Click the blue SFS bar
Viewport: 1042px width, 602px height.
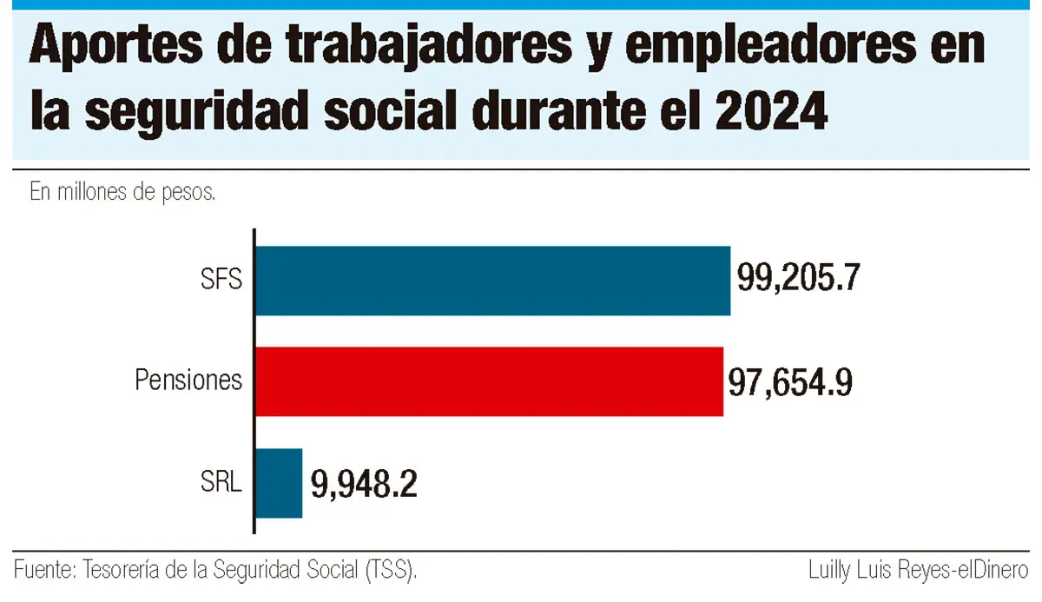point(493,281)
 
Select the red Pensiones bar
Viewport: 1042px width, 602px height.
point(490,381)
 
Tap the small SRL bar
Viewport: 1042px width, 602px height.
point(279,483)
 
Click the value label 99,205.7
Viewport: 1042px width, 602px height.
point(798,278)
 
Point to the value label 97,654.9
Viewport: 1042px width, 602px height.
point(790,382)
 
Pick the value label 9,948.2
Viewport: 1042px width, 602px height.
point(364,485)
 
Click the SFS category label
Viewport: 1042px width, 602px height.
point(221,280)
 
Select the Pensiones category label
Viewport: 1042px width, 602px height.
point(188,380)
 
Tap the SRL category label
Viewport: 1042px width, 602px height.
point(221,481)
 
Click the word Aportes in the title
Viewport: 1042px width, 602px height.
point(116,47)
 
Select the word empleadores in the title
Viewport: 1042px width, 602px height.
point(770,48)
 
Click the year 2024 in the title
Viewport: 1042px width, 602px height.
point(772,112)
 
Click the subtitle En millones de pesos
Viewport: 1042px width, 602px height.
point(122,192)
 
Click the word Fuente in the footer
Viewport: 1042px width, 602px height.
point(44,570)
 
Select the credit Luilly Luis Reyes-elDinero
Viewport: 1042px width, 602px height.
point(918,571)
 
